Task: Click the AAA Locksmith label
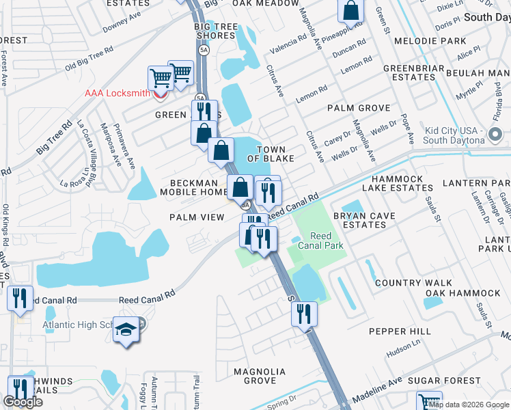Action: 116,94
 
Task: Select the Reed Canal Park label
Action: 320,240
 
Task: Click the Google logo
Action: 23,402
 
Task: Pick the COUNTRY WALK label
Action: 413,282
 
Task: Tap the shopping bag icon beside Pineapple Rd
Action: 350,10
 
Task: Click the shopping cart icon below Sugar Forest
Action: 429,402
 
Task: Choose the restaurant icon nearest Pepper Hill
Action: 304,314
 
